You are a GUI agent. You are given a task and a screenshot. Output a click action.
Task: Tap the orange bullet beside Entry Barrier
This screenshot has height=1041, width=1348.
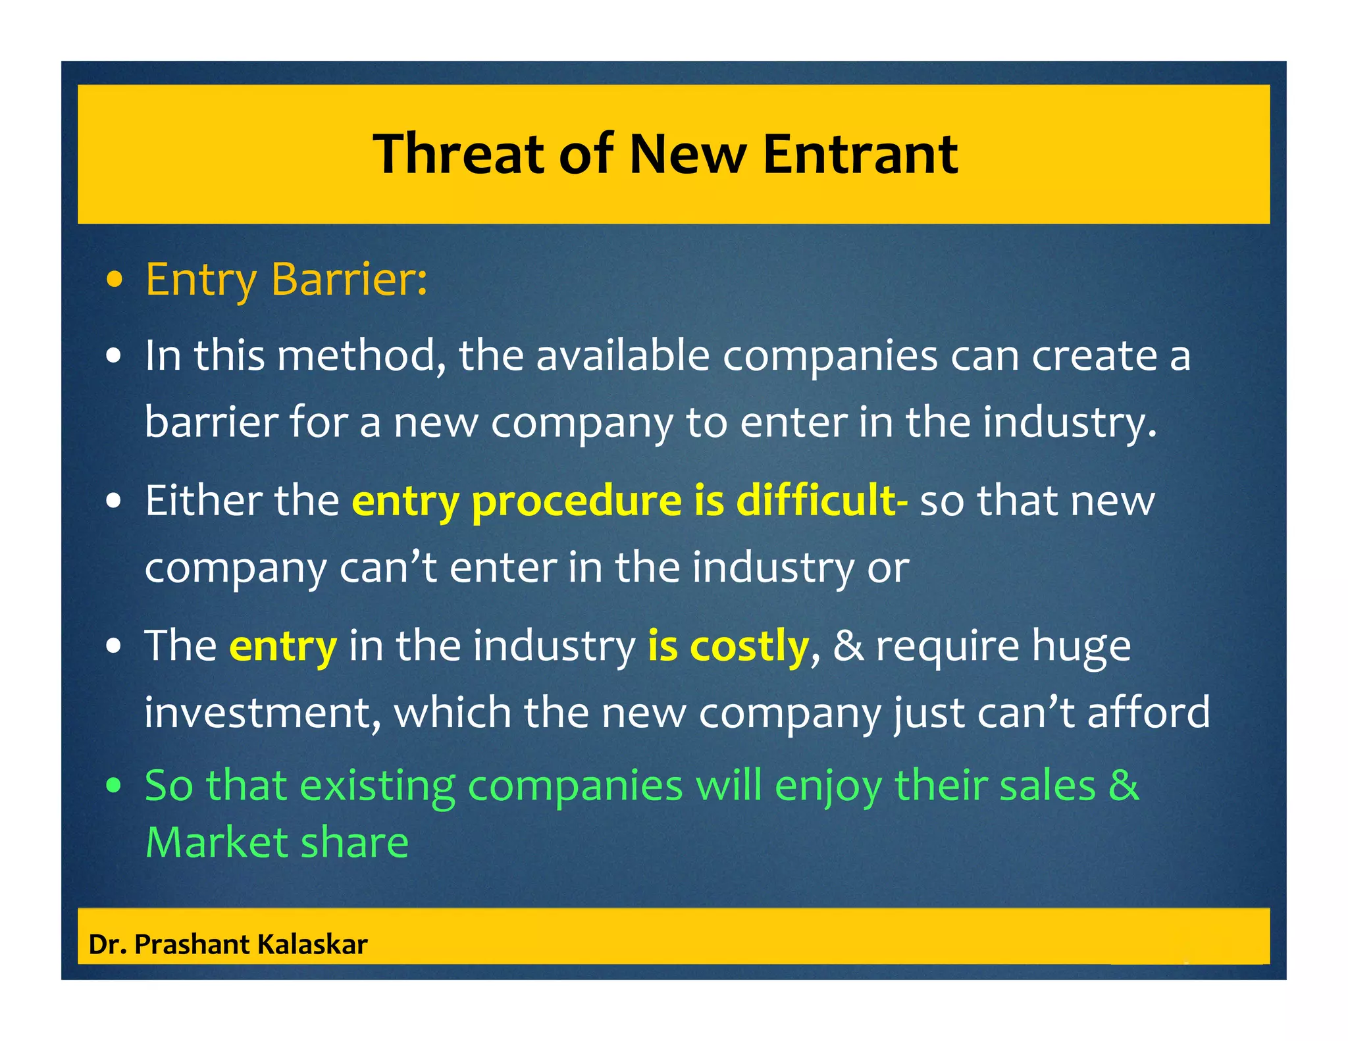[x=115, y=280]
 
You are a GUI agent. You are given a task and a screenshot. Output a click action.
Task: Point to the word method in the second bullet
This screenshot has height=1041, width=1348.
[x=357, y=355]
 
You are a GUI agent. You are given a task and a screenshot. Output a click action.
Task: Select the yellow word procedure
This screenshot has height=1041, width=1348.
[x=577, y=501]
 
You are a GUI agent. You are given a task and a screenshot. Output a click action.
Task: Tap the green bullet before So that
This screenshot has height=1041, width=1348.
[x=115, y=786]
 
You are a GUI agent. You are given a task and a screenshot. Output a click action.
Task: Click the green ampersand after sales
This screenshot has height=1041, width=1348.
[x=1124, y=786]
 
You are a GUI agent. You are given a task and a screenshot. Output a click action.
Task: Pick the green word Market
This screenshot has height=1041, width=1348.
[x=216, y=842]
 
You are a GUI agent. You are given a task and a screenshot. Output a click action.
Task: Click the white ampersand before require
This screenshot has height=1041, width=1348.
[x=848, y=646]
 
